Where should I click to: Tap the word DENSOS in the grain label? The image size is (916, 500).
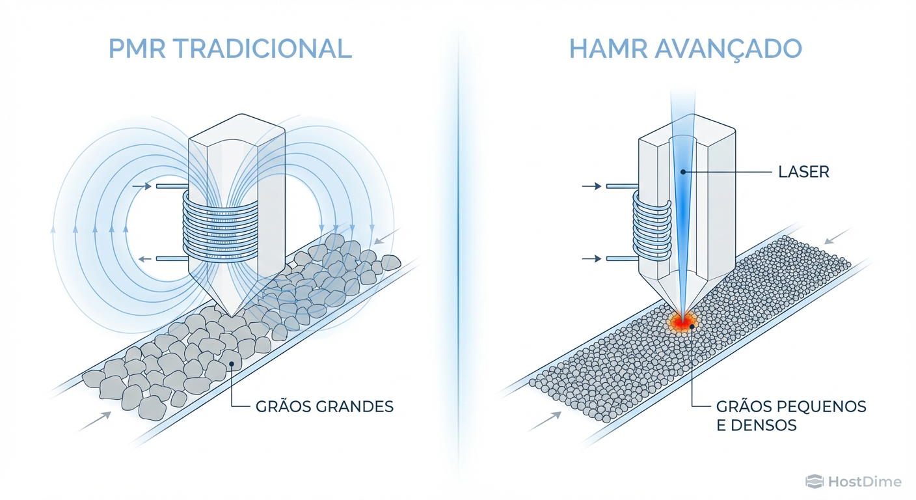pyautogui.click(x=767, y=426)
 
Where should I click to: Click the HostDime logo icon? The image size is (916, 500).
pyautogui.click(x=815, y=482)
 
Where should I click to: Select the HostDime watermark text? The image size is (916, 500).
pyautogui.click(x=865, y=482)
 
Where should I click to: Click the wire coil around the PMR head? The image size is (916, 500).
pyautogui.click(x=221, y=225)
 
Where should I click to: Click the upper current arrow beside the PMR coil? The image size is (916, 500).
pyautogui.click(x=141, y=187)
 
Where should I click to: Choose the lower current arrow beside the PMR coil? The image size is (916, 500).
pyautogui.click(x=141, y=259)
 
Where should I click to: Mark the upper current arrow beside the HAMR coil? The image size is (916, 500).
pyautogui.click(x=591, y=187)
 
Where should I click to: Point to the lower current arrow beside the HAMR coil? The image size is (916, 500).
pyautogui.click(x=591, y=259)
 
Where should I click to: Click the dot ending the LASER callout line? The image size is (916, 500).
pyautogui.click(x=682, y=173)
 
